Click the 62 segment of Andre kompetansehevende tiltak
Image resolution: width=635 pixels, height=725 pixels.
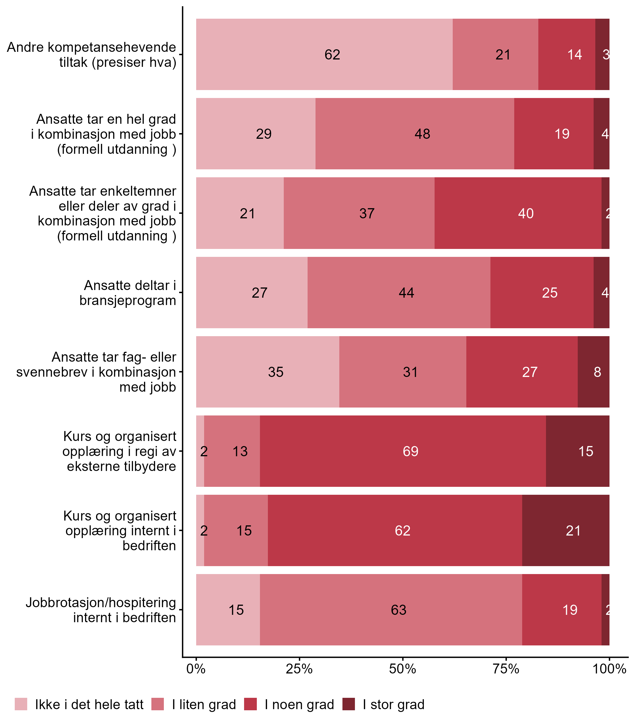(324, 54)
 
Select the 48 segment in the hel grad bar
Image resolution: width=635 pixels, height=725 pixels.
(414, 134)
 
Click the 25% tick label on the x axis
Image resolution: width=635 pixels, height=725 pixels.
(299, 669)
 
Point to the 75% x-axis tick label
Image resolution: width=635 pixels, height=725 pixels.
(506, 669)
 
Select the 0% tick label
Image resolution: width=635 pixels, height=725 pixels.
(196, 669)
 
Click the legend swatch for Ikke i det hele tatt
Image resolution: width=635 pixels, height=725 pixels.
(21, 705)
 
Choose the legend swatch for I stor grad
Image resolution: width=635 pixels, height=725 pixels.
(349, 705)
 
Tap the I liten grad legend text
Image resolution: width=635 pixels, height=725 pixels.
(204, 705)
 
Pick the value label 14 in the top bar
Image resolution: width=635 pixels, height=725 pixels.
(574, 54)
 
